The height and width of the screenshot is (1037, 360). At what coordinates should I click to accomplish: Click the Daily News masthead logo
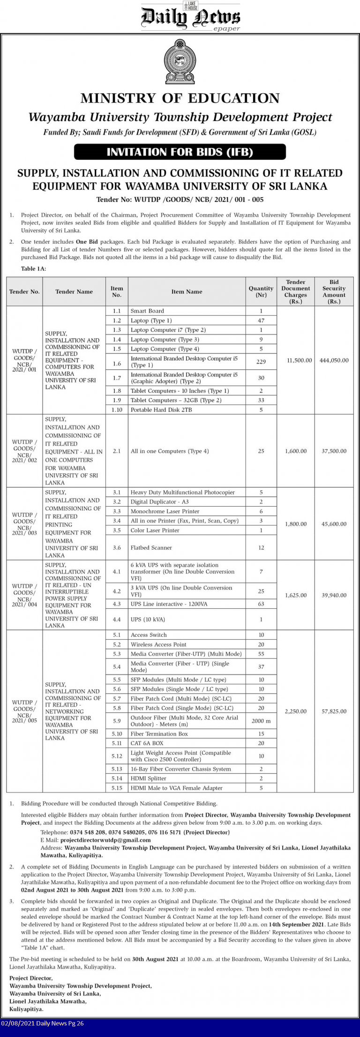coord(190,18)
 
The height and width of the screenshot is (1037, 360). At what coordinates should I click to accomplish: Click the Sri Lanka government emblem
coord(180,62)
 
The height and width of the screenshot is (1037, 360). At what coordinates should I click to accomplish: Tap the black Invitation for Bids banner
coord(180,152)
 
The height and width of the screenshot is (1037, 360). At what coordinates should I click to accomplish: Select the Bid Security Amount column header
coord(334,291)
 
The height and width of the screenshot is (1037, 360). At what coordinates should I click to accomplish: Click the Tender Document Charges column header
coord(296,291)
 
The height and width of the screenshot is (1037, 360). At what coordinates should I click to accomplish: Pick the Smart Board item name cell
coord(147,311)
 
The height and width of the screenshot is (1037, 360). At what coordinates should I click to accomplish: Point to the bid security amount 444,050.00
coord(334,360)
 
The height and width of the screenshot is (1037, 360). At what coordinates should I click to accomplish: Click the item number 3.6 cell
coord(117,547)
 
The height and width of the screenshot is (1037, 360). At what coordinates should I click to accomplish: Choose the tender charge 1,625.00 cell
coord(296,595)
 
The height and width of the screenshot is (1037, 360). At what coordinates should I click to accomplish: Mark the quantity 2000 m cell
coord(261,721)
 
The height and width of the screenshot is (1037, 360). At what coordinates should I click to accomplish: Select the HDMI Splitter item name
coord(148,778)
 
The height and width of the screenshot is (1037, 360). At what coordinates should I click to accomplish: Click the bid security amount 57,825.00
coord(334,711)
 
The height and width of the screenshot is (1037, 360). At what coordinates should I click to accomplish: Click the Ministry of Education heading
coord(180,98)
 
